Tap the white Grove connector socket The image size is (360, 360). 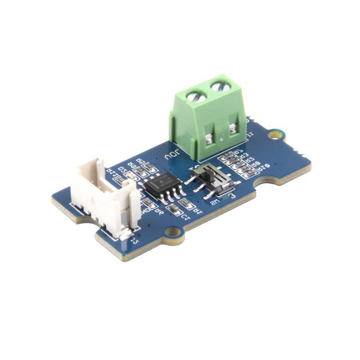102,198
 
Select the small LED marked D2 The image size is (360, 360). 130,175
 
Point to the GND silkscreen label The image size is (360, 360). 145,210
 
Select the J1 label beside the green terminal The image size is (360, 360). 251,134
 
